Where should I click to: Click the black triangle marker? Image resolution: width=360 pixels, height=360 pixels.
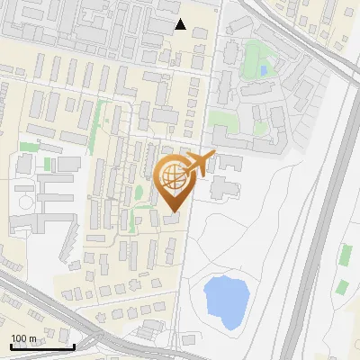[x=181, y=24]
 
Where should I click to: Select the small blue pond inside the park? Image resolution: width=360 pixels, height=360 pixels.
[x=263, y=69]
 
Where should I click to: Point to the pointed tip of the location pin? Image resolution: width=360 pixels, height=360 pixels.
[x=174, y=211]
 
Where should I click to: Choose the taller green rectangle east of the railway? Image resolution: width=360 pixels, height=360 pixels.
[x=345, y=255]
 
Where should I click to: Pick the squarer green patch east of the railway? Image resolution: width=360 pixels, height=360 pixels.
[x=342, y=288]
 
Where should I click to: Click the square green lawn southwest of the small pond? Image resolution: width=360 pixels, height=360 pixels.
[x=220, y=118]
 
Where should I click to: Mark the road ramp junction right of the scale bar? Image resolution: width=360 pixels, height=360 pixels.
[x=94, y=340]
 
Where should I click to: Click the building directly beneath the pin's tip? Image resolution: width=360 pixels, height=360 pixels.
[x=172, y=220]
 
